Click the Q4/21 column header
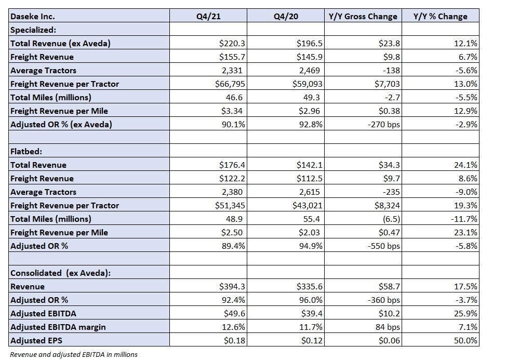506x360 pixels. (208, 17)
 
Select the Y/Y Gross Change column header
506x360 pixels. (363, 17)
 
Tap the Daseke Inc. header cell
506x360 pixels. (33, 17)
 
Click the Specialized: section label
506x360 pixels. (33, 30)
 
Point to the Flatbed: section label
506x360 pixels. (26, 151)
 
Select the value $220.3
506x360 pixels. (232, 43)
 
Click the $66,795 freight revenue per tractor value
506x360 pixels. (230, 84)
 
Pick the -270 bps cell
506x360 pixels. (384, 124)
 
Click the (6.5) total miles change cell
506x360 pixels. (391, 219)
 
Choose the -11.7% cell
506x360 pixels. (464, 219)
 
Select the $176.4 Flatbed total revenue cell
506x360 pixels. (232, 165)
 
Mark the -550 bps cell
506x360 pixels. (384, 246)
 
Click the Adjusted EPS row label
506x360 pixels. (36, 340)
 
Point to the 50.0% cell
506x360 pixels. (465, 340)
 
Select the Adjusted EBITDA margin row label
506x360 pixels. (58, 327)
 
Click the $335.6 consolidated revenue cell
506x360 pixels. (310, 286)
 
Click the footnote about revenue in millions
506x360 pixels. (74, 354)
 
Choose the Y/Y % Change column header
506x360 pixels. (440, 17)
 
